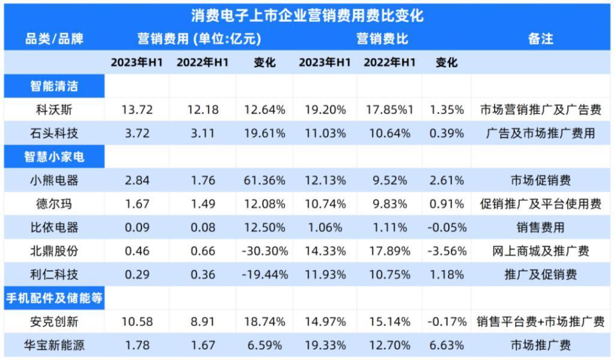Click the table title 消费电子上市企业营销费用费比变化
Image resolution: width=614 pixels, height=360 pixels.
(x=307, y=15)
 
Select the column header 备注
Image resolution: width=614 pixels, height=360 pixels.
(x=540, y=39)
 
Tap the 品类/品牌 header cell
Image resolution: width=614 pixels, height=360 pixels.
(x=54, y=39)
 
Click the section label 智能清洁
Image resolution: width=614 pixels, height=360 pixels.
(x=54, y=86)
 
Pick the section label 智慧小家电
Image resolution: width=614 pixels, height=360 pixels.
(x=54, y=157)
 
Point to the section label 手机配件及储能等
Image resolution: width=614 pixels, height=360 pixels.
(x=54, y=298)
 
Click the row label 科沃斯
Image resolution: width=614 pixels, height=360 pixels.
(x=54, y=110)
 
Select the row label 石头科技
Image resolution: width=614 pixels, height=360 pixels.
(x=54, y=133)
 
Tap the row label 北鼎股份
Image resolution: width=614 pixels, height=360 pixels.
(x=54, y=251)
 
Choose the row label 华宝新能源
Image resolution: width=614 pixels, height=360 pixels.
(x=54, y=345)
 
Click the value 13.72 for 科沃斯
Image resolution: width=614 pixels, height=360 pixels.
(x=137, y=110)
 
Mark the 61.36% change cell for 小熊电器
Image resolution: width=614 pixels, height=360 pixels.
(x=264, y=181)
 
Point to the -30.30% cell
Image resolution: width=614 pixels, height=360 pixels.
(x=264, y=251)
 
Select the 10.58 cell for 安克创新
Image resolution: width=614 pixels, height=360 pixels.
(x=137, y=322)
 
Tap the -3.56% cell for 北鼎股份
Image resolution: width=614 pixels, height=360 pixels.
(x=446, y=251)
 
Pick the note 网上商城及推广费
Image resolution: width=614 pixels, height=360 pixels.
(x=540, y=251)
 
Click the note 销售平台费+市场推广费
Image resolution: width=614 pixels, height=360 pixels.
(x=540, y=322)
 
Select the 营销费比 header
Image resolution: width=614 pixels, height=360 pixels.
(x=382, y=39)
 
